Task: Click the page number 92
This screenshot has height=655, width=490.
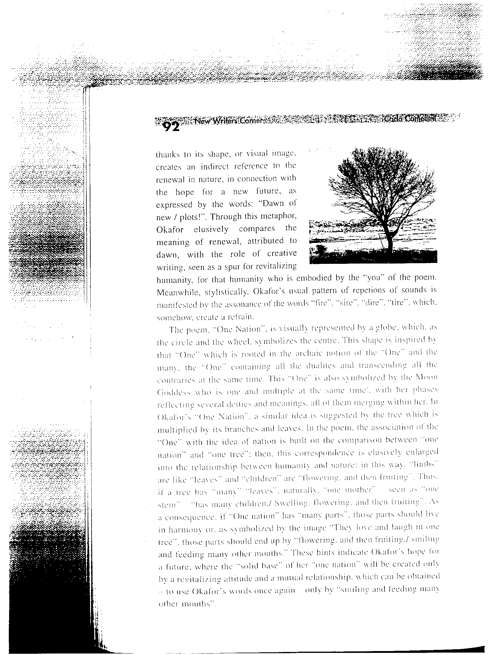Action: pos(171,126)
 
